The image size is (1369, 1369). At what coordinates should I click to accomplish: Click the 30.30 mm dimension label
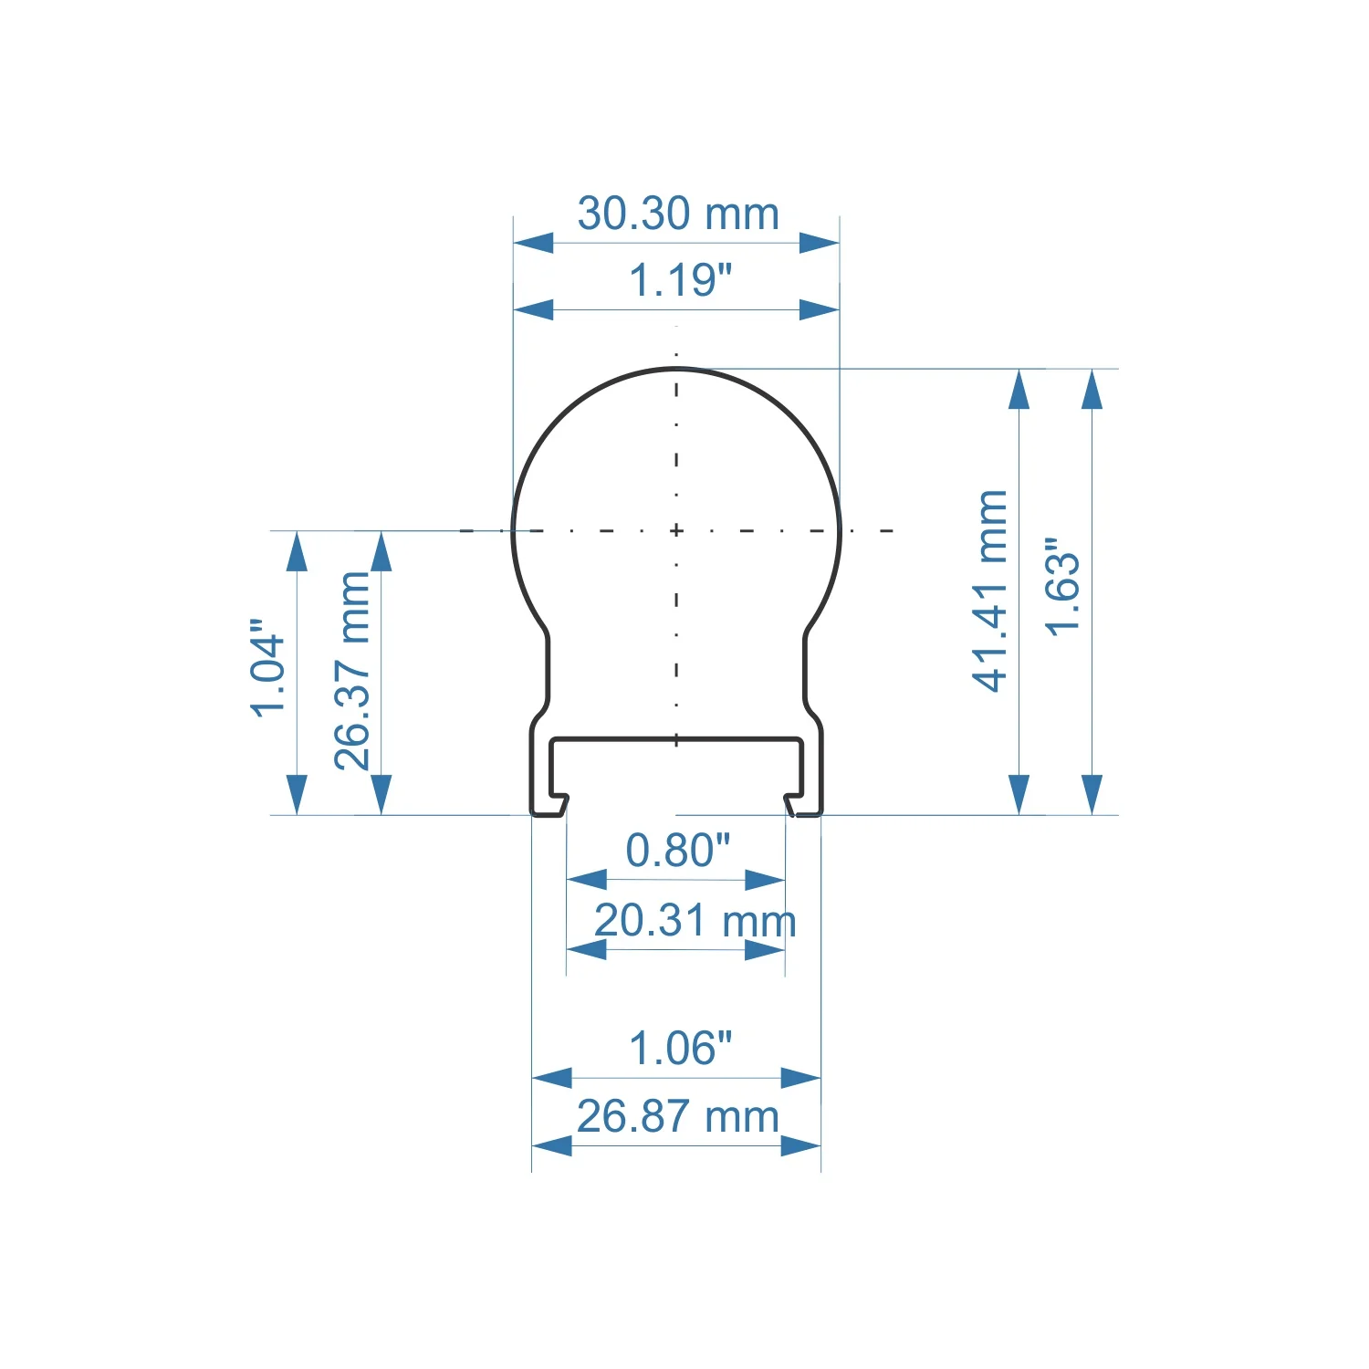tap(678, 214)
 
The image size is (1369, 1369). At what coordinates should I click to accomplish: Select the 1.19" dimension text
tap(681, 280)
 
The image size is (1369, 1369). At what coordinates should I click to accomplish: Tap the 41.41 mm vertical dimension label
tap(990, 591)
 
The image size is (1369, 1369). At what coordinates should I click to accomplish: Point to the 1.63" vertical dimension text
tap(1063, 587)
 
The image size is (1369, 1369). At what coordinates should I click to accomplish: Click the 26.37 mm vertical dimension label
tap(353, 671)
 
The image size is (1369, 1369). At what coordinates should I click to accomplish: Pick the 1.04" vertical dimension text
tap(268, 668)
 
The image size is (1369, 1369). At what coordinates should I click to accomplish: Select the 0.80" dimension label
tap(678, 851)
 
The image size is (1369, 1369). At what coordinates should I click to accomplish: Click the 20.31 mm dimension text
tap(695, 920)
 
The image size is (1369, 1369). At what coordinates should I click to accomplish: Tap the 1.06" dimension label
tap(681, 1049)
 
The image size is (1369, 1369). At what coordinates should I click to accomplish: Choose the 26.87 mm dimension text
tap(678, 1116)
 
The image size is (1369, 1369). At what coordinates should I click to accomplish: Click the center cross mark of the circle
tap(676, 530)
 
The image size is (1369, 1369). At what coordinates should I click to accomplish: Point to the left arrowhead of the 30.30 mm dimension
tap(533, 243)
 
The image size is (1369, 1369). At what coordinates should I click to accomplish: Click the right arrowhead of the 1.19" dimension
tap(819, 310)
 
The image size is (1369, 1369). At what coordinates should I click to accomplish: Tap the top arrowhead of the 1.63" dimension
tap(1092, 390)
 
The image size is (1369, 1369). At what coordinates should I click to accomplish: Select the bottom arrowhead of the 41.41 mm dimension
tap(1019, 794)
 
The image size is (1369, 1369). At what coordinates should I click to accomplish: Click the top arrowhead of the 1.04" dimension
tap(297, 552)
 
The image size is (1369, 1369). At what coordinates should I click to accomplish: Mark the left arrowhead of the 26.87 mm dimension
tap(552, 1145)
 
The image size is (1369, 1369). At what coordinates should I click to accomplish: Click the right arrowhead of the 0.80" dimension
tap(765, 880)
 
